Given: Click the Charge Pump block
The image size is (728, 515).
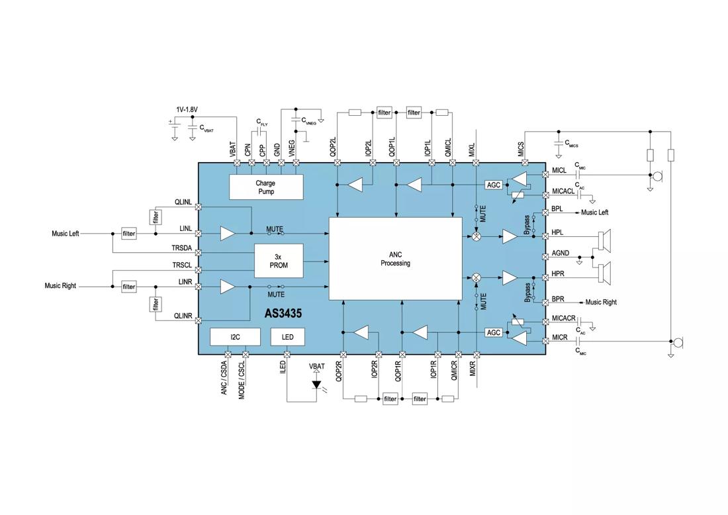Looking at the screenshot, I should pos(265,187).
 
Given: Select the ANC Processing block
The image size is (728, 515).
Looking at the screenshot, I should pos(396,259).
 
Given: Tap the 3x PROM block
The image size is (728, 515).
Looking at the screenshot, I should pos(279,261).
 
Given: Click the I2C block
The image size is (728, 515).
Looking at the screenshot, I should pos(235,337).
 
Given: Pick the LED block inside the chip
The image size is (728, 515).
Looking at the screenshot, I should pos(288,337).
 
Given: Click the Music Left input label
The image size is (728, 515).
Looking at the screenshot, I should pos(66,234).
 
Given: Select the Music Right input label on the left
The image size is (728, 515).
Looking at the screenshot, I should pos(60,286).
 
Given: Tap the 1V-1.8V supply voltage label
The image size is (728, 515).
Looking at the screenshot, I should pos(187,109).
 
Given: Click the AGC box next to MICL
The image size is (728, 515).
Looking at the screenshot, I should pos(494,185).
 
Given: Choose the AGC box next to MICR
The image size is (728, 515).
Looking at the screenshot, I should pos(494,332).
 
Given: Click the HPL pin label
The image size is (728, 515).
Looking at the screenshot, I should pos(559,234).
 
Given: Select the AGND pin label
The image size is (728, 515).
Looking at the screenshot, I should pos(561,254).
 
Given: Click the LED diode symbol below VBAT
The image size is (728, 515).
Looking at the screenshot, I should pos(316,384).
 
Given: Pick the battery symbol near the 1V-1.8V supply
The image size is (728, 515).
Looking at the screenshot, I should pos(174,124).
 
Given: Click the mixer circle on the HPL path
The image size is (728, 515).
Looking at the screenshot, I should pos(476,236).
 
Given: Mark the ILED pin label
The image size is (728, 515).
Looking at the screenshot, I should pos(283,367).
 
